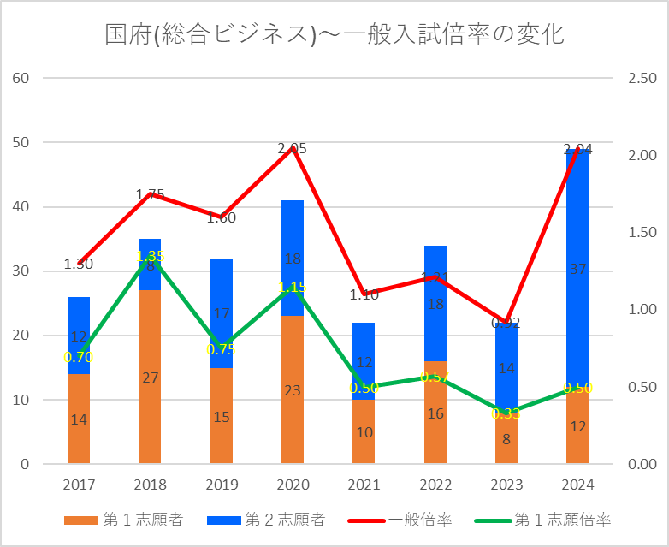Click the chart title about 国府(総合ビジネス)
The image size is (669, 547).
(334, 35)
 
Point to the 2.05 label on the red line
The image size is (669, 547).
(293, 148)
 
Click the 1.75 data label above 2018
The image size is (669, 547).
(150, 194)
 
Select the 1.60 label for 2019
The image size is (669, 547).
(222, 217)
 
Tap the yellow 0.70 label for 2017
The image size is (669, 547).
(79, 357)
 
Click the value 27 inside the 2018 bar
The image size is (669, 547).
(150, 378)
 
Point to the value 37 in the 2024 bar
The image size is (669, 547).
(577, 269)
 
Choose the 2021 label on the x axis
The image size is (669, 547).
(364, 485)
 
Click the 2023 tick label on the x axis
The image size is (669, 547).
(506, 485)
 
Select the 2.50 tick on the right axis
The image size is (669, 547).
(642, 78)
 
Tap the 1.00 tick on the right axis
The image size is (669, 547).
(642, 310)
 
